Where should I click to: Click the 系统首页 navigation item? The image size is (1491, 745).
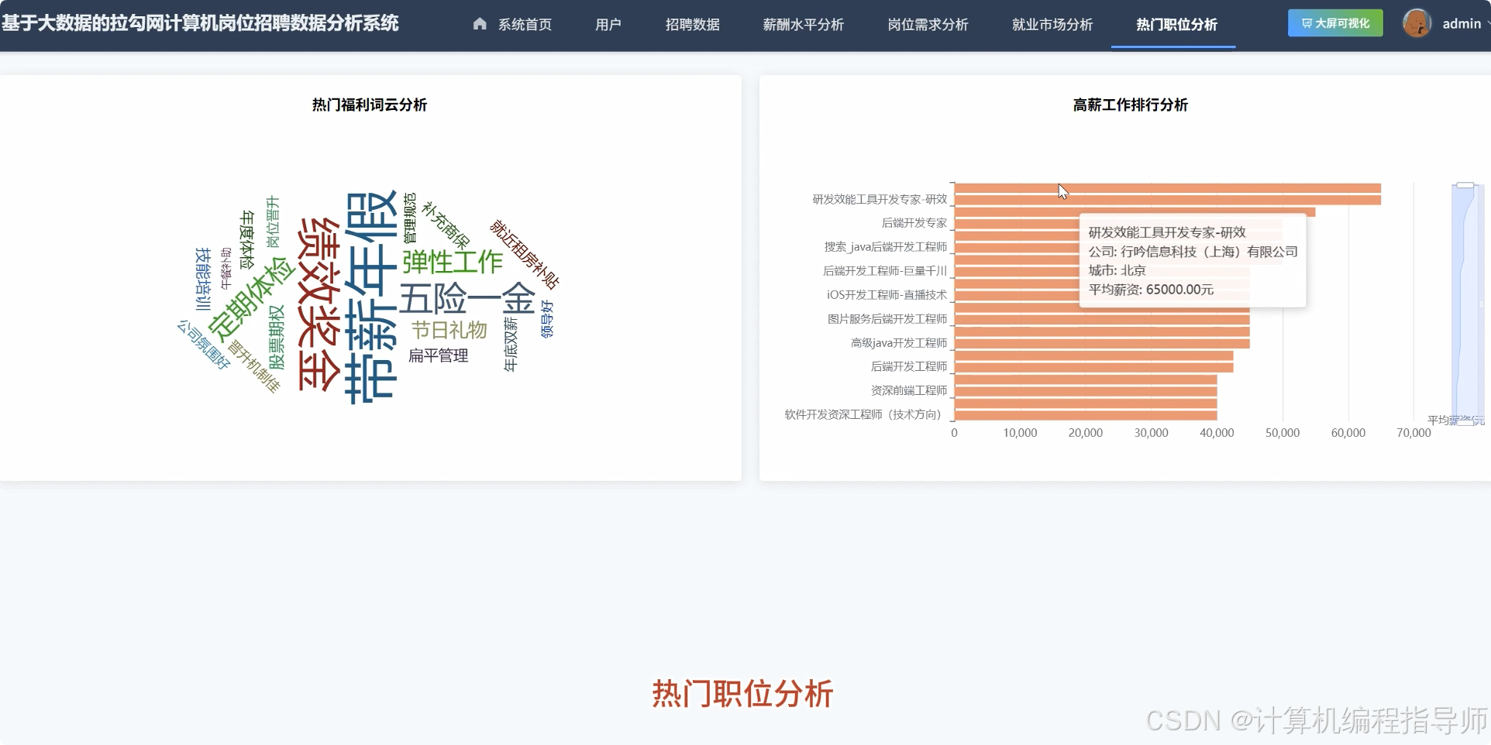pos(512,25)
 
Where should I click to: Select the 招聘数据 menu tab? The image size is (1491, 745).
pos(692,25)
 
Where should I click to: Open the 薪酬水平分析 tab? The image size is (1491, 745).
pos(803,25)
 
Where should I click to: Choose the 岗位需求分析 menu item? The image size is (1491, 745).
pos(928,25)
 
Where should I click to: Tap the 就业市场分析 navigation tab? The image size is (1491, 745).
pos(1052,25)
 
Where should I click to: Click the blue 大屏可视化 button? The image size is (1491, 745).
pos(1334,23)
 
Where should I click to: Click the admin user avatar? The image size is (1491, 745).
pos(1417,23)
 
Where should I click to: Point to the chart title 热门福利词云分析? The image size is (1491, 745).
pos(369,105)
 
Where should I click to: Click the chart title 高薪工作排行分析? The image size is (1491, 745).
pos(1130,105)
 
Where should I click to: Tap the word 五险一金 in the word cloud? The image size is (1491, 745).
pos(467,299)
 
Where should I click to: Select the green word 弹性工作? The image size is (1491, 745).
pos(453,262)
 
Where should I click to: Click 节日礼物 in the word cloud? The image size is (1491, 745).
pos(449,331)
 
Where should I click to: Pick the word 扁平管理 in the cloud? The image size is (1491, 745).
pos(438,355)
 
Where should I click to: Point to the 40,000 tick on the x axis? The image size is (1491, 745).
pos(1217,433)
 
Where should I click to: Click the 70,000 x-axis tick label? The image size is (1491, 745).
pos(1414,433)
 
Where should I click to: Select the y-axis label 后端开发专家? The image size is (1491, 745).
pos(914,223)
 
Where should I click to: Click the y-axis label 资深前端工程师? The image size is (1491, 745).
pos(908,390)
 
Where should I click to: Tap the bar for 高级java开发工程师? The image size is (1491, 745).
pos(1100,343)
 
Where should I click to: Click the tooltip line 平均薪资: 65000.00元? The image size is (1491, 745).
pos(1151,290)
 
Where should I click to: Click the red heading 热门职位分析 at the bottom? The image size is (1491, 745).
pos(742,694)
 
